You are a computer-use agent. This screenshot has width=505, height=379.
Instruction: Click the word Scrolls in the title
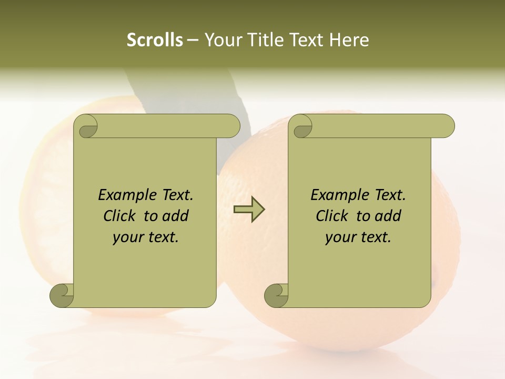click(155, 40)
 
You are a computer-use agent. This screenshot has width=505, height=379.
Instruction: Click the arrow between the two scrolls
click(249, 209)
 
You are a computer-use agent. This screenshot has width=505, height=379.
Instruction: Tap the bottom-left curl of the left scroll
click(62, 295)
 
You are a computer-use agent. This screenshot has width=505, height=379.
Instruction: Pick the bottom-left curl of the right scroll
click(277, 295)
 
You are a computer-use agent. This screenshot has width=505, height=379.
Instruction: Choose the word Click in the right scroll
click(332, 216)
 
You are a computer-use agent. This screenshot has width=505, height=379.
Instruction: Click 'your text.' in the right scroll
click(358, 237)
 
